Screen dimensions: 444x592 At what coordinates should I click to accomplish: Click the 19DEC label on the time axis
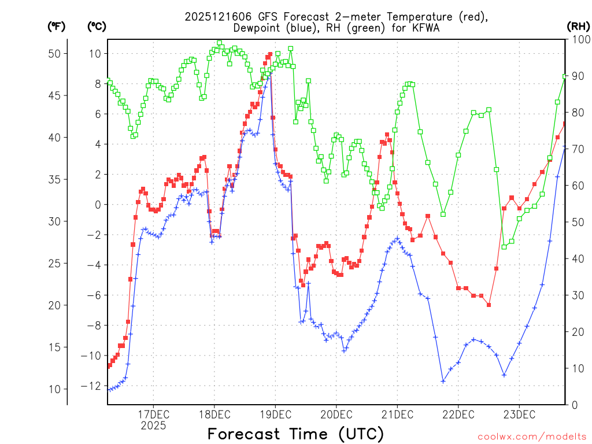(x=275, y=415)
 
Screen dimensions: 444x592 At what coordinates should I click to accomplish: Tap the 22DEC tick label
(x=458, y=415)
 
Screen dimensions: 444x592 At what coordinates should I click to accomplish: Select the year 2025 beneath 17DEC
(x=153, y=425)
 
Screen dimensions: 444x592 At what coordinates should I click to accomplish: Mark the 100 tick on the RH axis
(x=579, y=39)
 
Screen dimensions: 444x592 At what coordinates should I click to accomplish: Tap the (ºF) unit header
(x=55, y=27)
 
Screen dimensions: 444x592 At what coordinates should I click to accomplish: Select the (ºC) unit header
(x=97, y=27)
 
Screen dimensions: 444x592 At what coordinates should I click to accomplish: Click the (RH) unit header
(x=578, y=26)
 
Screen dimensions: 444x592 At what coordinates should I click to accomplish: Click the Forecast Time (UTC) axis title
(x=295, y=434)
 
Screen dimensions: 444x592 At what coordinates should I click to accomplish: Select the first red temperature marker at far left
(x=109, y=365)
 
